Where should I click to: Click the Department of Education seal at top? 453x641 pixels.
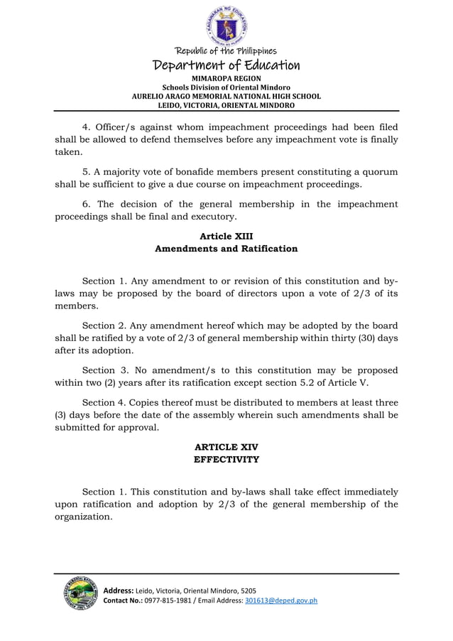click(x=226, y=24)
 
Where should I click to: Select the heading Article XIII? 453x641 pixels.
click(x=226, y=236)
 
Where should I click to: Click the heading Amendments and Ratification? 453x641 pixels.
click(x=226, y=249)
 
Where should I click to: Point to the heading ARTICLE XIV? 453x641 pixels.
click(x=226, y=447)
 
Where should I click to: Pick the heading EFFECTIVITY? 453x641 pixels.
click(x=226, y=460)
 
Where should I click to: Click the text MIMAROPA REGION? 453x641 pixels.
click(x=226, y=77)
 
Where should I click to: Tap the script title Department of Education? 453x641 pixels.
click(x=226, y=65)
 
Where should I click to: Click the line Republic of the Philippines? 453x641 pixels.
click(x=226, y=51)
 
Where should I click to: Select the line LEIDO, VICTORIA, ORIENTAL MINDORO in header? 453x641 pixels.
click(x=226, y=104)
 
